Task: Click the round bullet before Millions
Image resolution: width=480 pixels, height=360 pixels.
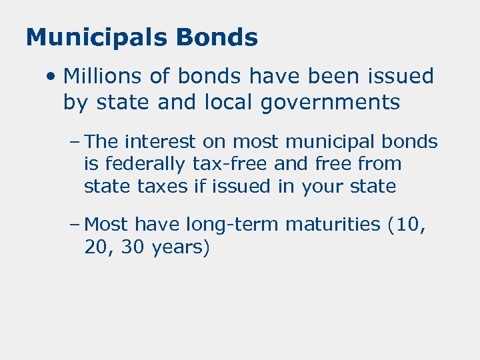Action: pos(51,77)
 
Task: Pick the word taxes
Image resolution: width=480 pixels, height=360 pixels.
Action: pos(163,186)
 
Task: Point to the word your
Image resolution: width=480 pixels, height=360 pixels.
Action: pos(321,186)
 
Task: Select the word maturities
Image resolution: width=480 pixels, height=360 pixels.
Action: pos(333,225)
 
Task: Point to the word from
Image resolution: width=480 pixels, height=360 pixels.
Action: pos(380,164)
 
